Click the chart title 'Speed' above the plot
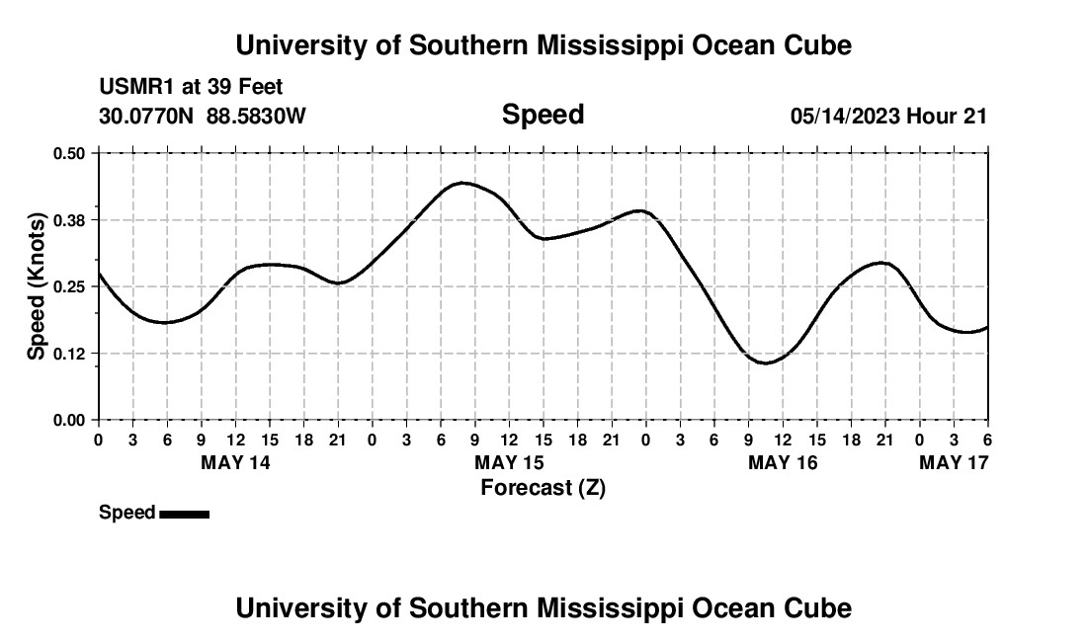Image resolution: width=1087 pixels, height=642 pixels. click(x=543, y=115)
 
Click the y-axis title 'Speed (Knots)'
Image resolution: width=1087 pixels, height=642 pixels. click(x=37, y=285)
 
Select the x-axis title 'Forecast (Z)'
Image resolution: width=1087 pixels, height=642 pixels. click(x=543, y=487)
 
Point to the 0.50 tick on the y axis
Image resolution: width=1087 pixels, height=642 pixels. click(x=69, y=153)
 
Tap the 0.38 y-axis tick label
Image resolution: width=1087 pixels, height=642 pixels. click(x=69, y=219)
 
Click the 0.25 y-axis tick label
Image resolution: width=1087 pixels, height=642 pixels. click(x=69, y=286)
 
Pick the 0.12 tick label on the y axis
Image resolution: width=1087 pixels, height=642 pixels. click(x=69, y=353)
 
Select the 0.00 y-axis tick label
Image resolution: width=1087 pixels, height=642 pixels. click(x=69, y=420)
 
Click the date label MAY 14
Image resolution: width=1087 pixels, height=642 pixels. click(x=235, y=462)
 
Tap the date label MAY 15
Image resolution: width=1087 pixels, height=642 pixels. click(x=509, y=462)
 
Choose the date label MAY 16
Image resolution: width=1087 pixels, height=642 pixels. click(x=783, y=462)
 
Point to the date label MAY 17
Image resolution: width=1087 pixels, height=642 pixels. click(x=954, y=462)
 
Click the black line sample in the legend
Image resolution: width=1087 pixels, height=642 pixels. click(x=184, y=514)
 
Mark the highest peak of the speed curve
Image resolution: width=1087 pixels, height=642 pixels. click(x=462, y=183)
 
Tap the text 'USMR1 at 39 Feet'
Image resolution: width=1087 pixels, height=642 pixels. click(x=191, y=88)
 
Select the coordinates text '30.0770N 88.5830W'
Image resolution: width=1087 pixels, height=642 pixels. click(x=203, y=116)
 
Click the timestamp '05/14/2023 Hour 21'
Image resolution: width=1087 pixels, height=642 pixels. click(x=888, y=116)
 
